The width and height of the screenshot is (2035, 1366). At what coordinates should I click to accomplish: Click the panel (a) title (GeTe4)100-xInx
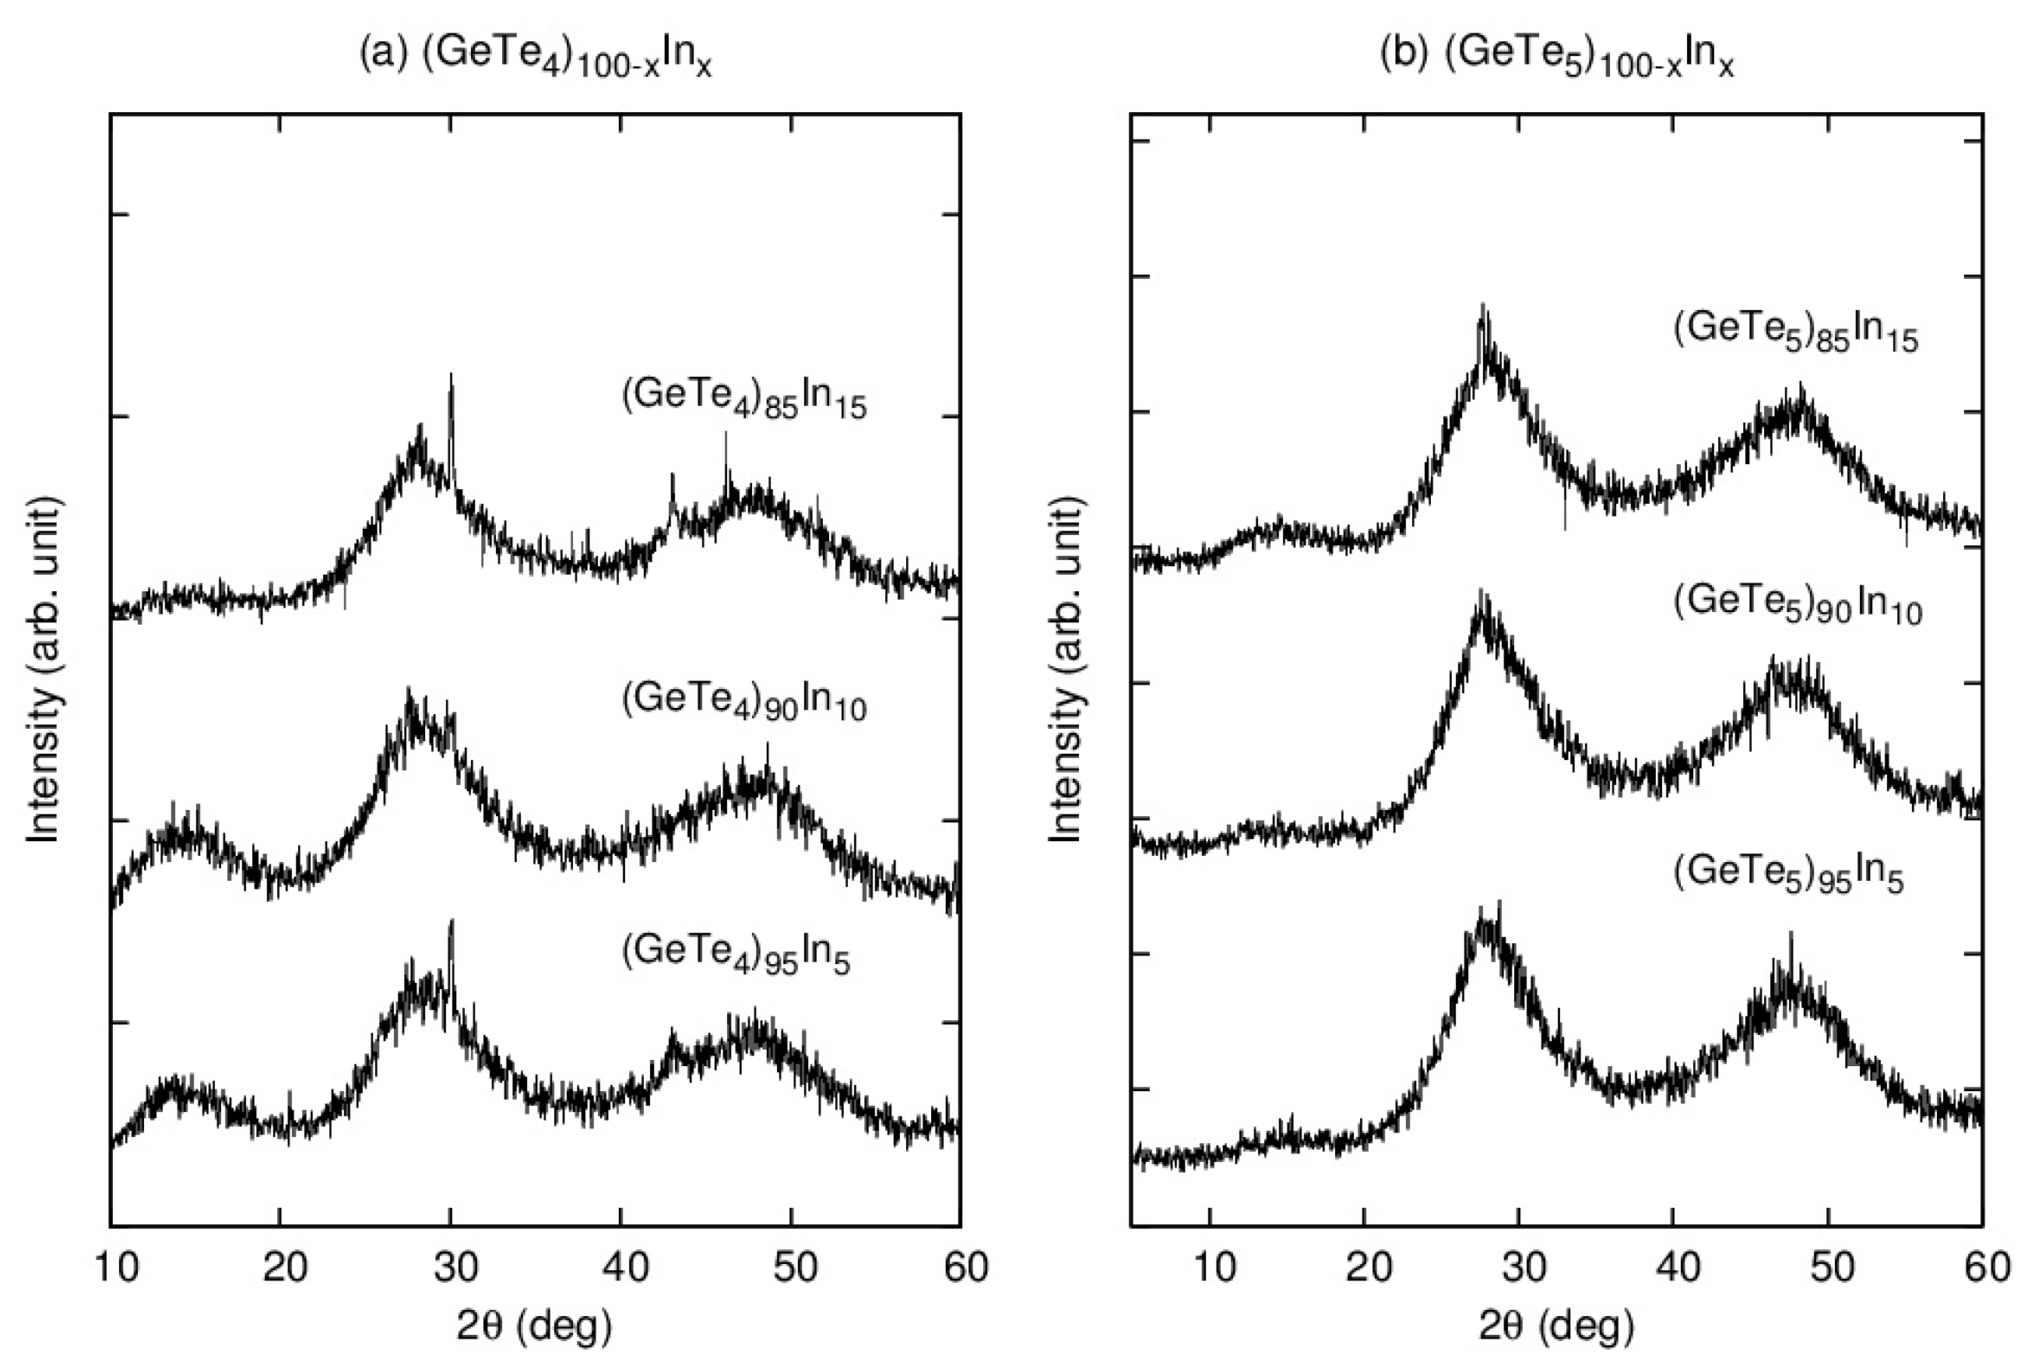[536, 57]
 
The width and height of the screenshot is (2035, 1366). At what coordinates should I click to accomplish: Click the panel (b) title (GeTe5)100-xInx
[1556, 57]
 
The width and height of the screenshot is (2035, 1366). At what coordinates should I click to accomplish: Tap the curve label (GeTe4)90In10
[744, 702]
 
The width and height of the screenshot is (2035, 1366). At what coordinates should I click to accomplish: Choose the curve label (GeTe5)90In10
[1798, 605]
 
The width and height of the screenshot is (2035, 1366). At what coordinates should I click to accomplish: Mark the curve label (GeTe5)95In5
[1788, 875]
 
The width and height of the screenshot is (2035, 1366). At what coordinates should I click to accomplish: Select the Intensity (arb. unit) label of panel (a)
[44, 669]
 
